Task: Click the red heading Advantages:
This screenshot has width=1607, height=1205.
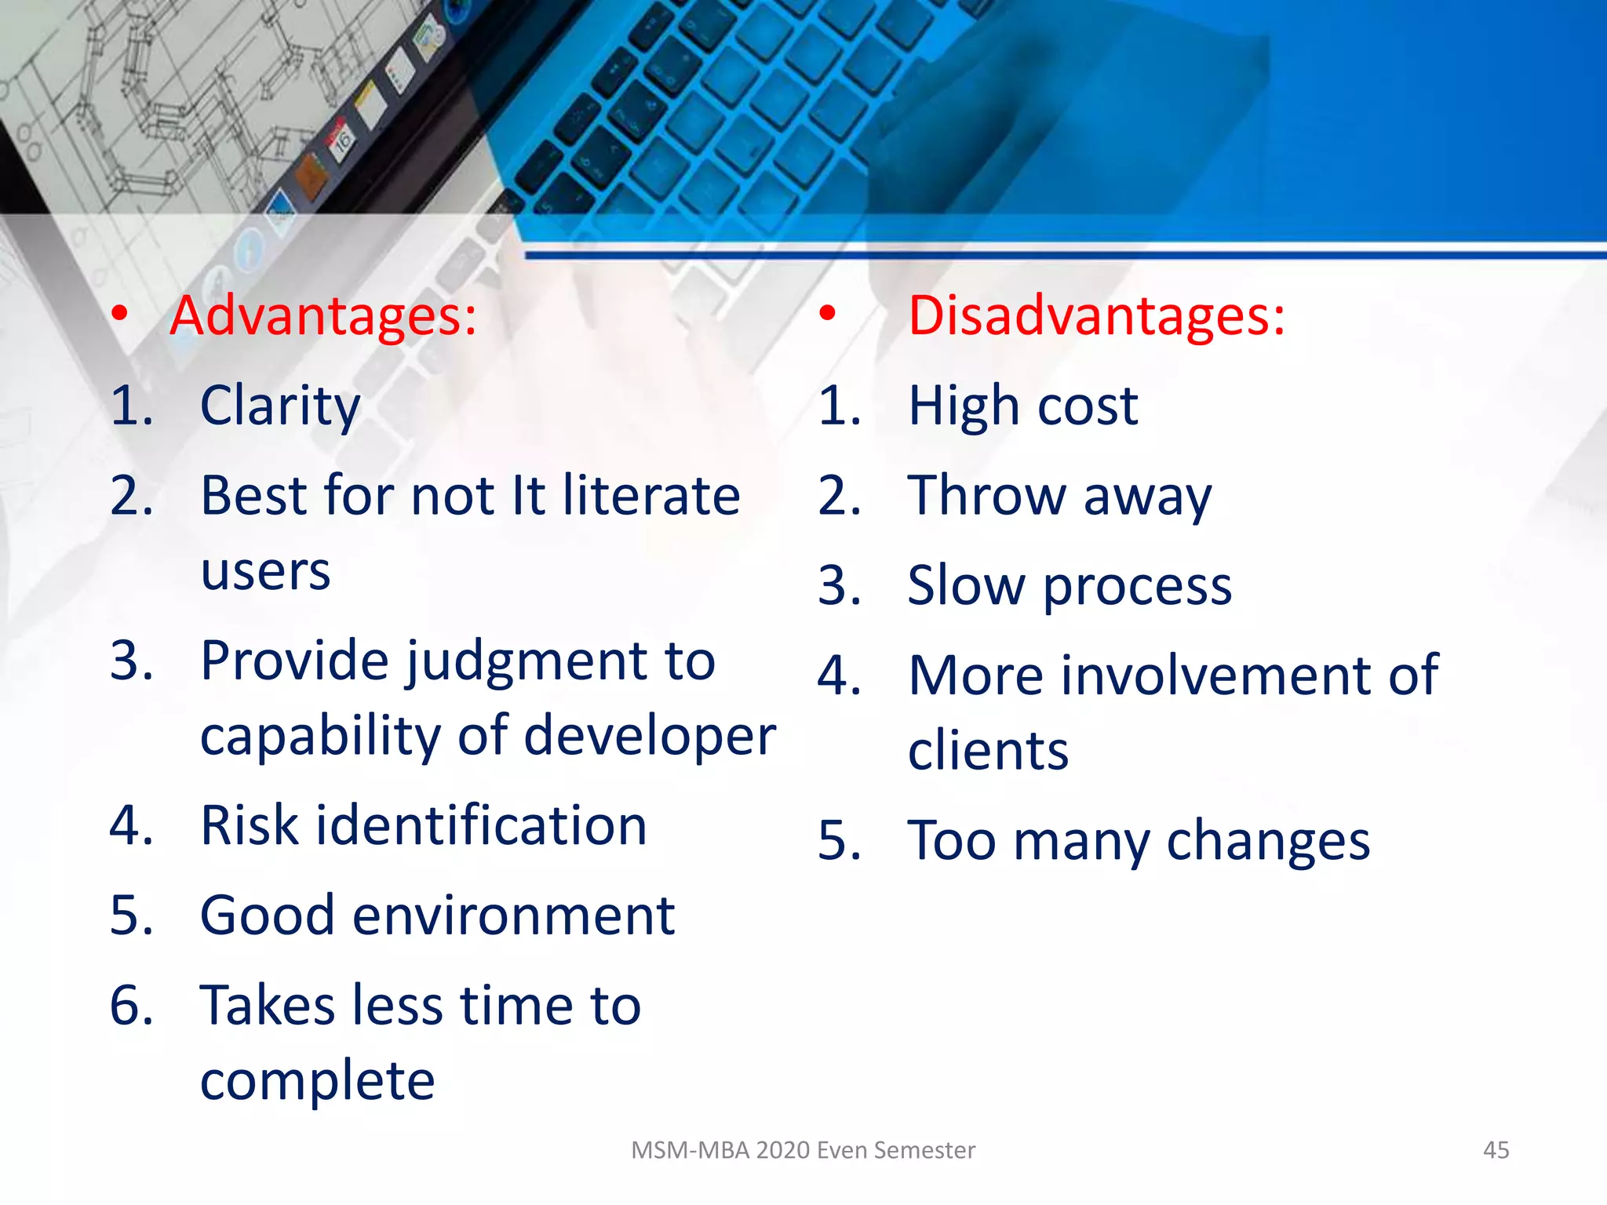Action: [323, 315]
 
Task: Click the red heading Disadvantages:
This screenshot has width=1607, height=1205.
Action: [1096, 315]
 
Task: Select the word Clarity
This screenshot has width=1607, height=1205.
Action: [280, 406]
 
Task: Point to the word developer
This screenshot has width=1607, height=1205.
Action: [650, 737]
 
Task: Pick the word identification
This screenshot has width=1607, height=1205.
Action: [481, 825]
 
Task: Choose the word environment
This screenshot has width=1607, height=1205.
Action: [513, 916]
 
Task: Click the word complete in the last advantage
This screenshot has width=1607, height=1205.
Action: [317, 1081]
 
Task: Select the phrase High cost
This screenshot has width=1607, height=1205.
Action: [1022, 406]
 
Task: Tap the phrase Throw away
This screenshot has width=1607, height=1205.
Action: [1059, 497]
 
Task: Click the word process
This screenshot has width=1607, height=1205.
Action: [1137, 586]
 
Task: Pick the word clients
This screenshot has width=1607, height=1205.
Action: [988, 751]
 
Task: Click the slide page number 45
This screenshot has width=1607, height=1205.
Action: [1496, 1150]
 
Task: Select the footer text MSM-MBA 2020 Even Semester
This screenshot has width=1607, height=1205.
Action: [803, 1150]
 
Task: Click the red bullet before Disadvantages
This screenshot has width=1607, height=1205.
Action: [827, 314]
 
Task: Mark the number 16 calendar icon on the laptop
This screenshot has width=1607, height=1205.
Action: [342, 141]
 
